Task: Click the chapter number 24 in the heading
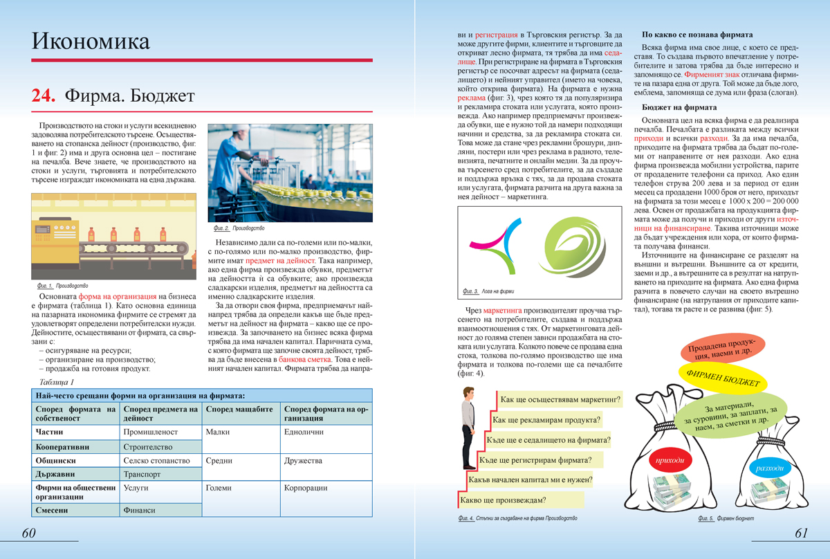click(x=44, y=96)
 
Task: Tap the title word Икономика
click(x=91, y=42)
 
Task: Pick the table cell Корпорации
click(x=306, y=487)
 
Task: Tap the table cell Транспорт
click(x=142, y=474)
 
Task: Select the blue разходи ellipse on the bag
click(x=769, y=468)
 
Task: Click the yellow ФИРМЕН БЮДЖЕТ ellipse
click(x=723, y=378)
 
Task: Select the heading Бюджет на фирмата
click(x=679, y=107)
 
